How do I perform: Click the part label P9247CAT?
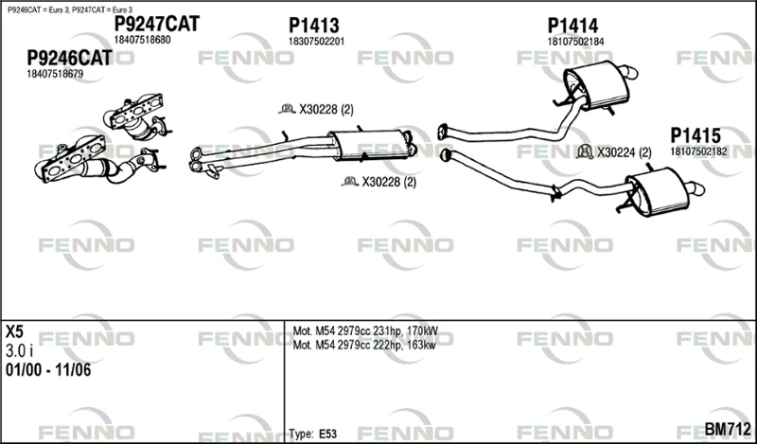coord(156,23)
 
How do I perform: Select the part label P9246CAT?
coord(69,58)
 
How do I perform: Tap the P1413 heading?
coord(314,26)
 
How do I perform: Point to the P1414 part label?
coord(572,26)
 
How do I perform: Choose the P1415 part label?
coord(695,135)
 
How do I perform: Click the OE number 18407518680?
coord(143,40)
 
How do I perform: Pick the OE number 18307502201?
coord(317,42)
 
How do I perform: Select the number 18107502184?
coord(575,42)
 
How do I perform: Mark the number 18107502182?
coord(698,151)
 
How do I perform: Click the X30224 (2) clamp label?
coord(625,152)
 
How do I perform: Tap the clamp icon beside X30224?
coord(585,152)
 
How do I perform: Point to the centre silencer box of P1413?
coord(369,144)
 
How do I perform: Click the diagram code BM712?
coord(728,429)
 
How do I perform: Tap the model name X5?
coord(14,332)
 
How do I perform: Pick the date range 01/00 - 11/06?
coord(48,370)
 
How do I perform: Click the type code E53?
coord(327,434)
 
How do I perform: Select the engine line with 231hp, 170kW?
coord(365,331)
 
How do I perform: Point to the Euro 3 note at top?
coord(70,9)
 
